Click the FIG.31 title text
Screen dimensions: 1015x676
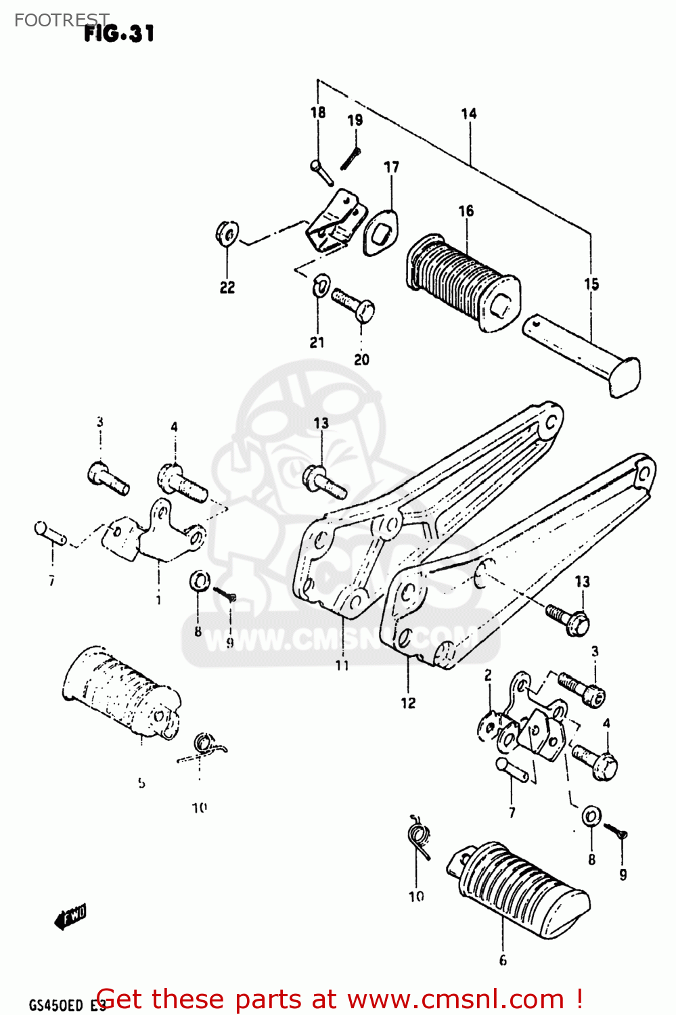(x=119, y=33)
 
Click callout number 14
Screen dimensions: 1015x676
(x=468, y=114)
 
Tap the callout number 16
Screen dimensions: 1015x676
(x=466, y=211)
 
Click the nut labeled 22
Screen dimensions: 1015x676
(x=226, y=234)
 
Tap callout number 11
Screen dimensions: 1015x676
(x=342, y=665)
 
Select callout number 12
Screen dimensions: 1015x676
(x=407, y=703)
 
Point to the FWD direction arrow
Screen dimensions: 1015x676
(x=70, y=917)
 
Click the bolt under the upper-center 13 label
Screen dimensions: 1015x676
(x=323, y=480)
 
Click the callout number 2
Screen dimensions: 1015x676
(x=488, y=675)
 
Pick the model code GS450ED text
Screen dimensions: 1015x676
(x=58, y=1005)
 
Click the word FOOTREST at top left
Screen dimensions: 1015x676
(x=61, y=20)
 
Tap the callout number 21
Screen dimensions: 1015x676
(x=317, y=342)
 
